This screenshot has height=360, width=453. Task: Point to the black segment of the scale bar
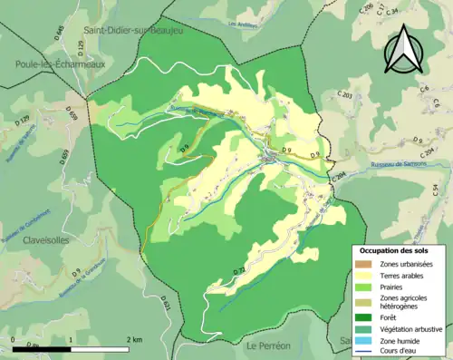(x=42, y=347)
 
